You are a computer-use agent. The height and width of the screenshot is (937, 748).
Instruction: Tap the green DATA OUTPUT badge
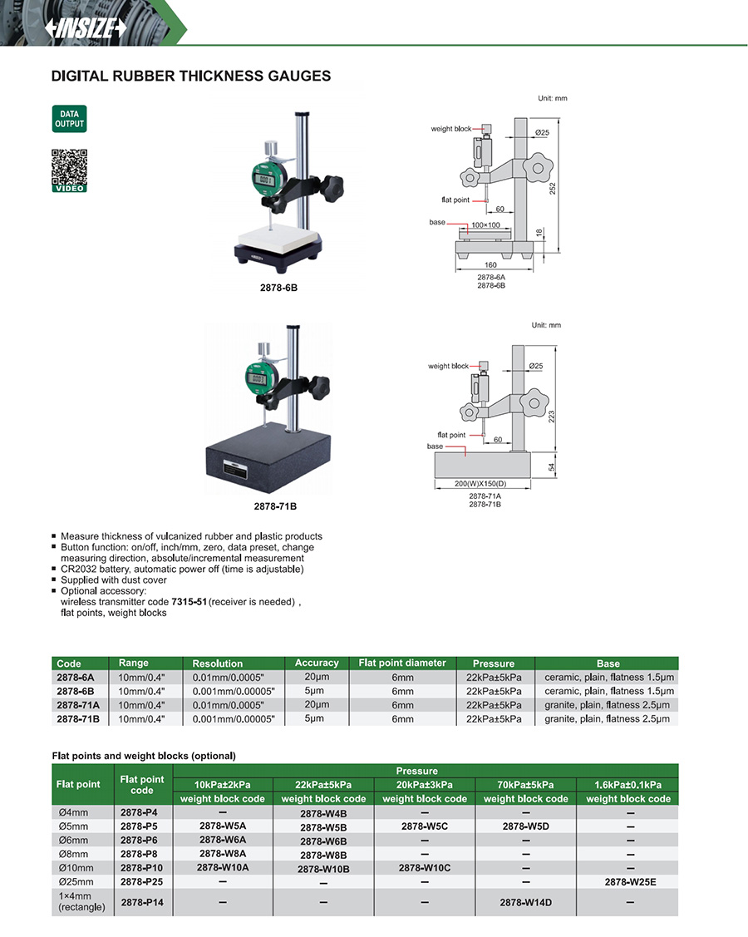pyautogui.click(x=69, y=119)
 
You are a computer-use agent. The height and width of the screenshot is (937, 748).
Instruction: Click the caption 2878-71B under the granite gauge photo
pyautogui.click(x=278, y=505)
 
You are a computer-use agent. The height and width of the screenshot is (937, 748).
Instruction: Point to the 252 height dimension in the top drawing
pyautogui.click(x=552, y=188)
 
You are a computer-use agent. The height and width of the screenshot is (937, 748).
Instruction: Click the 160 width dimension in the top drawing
pyautogui.click(x=490, y=265)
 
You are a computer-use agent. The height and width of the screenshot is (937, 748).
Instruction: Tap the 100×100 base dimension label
pyautogui.click(x=486, y=225)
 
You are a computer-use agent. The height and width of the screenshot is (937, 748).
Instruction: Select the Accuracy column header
pyautogui.click(x=317, y=663)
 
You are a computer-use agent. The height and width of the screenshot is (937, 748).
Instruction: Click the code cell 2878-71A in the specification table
pyautogui.click(x=77, y=704)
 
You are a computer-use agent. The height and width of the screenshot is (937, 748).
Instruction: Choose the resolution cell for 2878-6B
pyautogui.click(x=233, y=691)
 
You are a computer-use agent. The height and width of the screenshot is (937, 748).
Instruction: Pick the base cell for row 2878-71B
pyautogui.click(x=607, y=718)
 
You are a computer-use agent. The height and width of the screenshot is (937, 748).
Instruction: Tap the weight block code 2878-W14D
pyautogui.click(x=525, y=901)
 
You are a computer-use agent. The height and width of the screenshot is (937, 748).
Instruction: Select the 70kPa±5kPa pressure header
pyautogui.click(x=525, y=784)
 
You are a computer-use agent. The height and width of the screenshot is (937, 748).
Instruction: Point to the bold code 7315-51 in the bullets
pyautogui.click(x=189, y=600)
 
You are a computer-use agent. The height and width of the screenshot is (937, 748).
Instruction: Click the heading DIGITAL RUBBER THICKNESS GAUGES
pyautogui.click(x=191, y=76)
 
